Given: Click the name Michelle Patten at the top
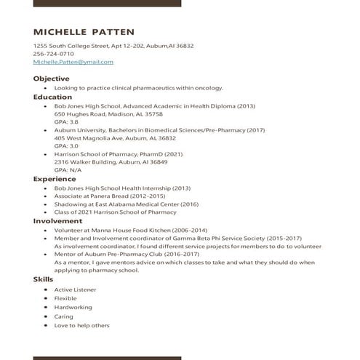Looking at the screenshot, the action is [x=84, y=32].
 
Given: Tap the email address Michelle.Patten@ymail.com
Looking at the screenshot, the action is [x=73, y=62].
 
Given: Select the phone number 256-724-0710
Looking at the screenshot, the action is [x=54, y=54].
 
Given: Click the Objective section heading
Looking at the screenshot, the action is [x=51, y=79].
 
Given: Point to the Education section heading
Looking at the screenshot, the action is [x=52, y=97].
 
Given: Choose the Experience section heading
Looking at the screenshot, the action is [x=55, y=179].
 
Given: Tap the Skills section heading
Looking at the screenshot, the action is [x=43, y=279].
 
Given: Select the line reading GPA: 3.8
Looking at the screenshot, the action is [x=66, y=122].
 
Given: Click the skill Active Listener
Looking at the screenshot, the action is [x=75, y=289].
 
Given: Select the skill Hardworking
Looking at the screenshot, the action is [x=73, y=308].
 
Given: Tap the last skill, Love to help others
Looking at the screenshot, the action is [x=81, y=326].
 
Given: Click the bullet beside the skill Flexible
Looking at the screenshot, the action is [x=45, y=299].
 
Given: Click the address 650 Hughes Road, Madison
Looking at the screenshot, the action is [x=108, y=114].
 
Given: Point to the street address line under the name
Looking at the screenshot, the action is [x=113, y=46].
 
